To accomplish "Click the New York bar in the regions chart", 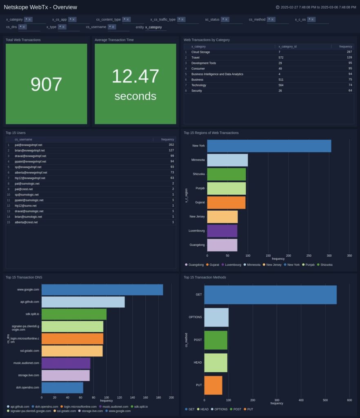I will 269,146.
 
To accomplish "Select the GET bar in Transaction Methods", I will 270,295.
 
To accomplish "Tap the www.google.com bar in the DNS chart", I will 102,289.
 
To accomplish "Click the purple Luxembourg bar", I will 222,231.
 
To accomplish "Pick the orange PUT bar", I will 213,385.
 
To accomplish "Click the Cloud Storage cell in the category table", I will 200,52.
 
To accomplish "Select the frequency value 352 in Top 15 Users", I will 171,145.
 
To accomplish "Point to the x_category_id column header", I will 287,47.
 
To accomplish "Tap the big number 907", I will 46,84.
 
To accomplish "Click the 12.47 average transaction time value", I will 135,76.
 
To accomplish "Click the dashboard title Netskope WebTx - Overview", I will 40,7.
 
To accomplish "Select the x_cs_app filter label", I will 59,20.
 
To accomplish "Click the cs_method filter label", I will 257,20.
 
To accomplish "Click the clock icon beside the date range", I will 278,7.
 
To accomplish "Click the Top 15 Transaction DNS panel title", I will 24,277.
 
